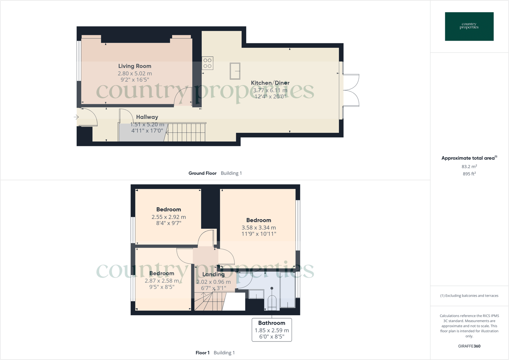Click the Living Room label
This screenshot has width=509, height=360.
click(135, 66)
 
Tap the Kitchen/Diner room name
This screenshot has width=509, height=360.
click(270, 83)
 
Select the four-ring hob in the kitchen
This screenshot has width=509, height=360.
click(207, 63)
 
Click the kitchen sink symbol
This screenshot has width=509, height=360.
click(235, 71)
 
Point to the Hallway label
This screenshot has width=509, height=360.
click(147, 117)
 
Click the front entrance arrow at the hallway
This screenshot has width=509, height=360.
click(76, 117)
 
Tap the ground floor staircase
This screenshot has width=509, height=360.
click(186, 132)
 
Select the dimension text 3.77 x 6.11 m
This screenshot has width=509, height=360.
click(270, 90)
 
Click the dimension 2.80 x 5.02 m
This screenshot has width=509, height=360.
click(135, 74)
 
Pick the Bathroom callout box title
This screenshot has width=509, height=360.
click(272, 323)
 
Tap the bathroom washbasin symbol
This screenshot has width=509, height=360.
click(256, 294)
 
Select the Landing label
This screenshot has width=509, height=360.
click(214, 274)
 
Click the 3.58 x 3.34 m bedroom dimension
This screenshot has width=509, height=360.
click(259, 228)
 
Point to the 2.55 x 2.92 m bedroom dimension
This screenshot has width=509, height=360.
click(168, 217)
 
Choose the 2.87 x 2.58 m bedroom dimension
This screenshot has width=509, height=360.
click(162, 281)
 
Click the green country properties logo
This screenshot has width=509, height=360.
click(469, 27)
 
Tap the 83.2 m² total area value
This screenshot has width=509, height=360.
click(469, 167)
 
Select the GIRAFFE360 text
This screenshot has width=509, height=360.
click(469, 346)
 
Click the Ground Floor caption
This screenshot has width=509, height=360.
click(203, 173)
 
